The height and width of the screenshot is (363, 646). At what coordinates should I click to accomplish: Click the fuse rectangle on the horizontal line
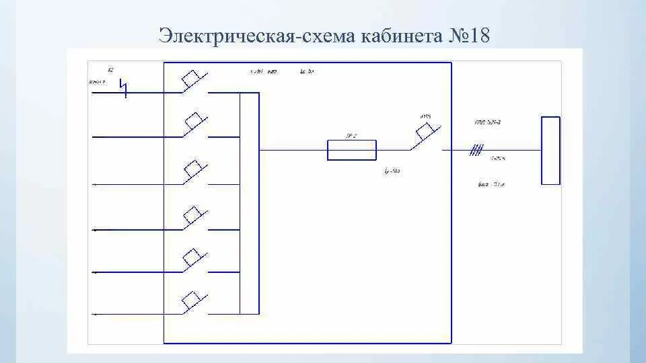coord(351,150)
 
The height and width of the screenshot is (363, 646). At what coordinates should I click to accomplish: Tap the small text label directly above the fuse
coord(351,136)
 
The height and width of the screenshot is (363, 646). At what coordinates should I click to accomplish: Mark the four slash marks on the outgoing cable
coord(476,150)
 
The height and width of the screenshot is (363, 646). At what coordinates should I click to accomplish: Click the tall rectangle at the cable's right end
coord(550,150)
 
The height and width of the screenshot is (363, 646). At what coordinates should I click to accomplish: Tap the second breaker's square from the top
coord(194,122)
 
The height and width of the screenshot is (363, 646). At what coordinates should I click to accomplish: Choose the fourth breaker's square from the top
coord(194,215)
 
